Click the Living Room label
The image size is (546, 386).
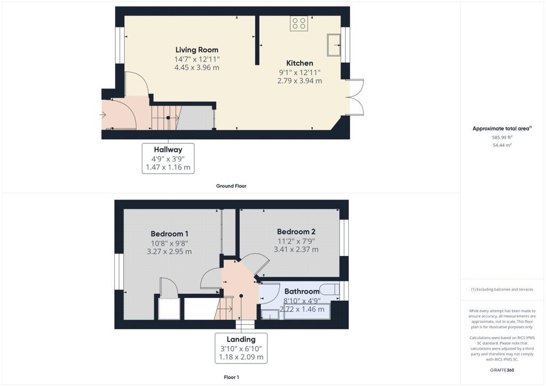(197, 50)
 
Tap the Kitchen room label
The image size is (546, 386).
(299, 63)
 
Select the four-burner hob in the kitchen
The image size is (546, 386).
(299, 23)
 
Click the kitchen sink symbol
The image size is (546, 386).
(335, 45)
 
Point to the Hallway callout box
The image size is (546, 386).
(168, 158)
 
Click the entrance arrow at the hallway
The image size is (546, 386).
(103, 114)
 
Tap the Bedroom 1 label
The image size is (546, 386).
(169, 234)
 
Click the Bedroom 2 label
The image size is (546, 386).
(296, 231)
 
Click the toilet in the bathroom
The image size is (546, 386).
(330, 291)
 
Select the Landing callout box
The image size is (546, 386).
(241, 348)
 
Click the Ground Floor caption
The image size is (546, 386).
(231, 186)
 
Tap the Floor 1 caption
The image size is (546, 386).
(231, 377)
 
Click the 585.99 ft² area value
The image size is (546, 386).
(502, 137)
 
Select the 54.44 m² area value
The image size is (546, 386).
(502, 145)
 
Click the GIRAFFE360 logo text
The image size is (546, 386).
(502, 370)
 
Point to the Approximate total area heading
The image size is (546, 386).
(502, 128)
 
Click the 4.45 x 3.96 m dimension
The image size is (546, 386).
(197, 68)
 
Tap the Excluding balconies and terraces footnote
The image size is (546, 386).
(502, 289)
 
